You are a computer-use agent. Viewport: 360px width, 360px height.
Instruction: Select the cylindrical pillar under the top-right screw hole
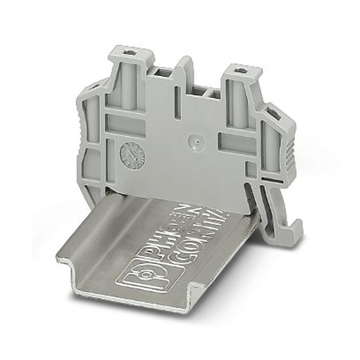[238, 104]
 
